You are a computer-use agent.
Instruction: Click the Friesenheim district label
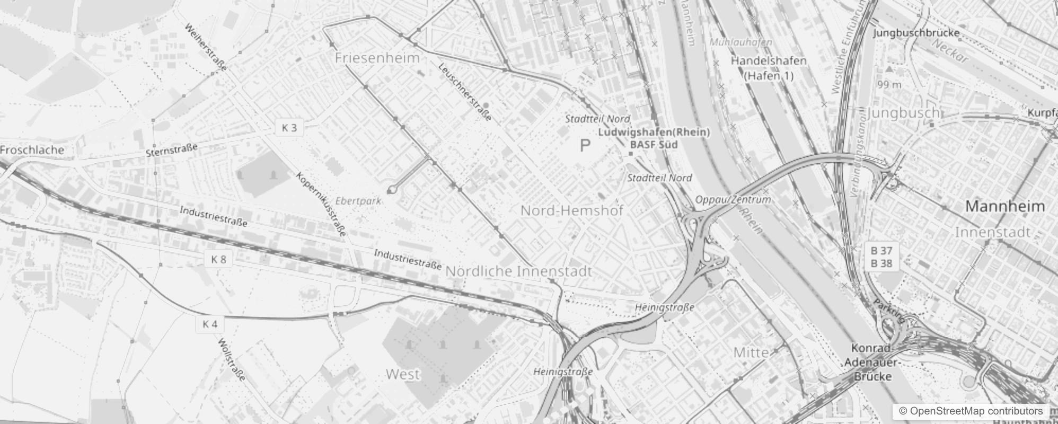tap(377, 58)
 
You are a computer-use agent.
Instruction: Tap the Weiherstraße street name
tap(206, 47)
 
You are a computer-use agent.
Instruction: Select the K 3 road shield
tap(289, 128)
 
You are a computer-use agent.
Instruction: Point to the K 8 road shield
tap(218, 259)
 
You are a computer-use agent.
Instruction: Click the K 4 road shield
tap(210, 324)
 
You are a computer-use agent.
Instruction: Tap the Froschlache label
tap(32, 150)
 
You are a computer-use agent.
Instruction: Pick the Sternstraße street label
tap(171, 150)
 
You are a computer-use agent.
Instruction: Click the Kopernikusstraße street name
tap(322, 204)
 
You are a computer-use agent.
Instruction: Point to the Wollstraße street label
tap(232, 360)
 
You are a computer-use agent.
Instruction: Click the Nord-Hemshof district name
tap(571, 210)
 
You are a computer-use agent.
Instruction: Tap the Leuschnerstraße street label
tap(465, 91)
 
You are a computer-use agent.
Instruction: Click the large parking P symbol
tap(585, 146)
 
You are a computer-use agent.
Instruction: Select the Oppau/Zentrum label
tap(733, 200)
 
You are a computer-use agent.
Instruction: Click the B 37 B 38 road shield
tap(881, 257)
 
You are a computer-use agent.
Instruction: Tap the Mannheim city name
tap(1004, 206)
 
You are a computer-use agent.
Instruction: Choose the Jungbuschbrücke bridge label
tap(916, 33)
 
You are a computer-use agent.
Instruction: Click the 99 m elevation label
tap(889, 85)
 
